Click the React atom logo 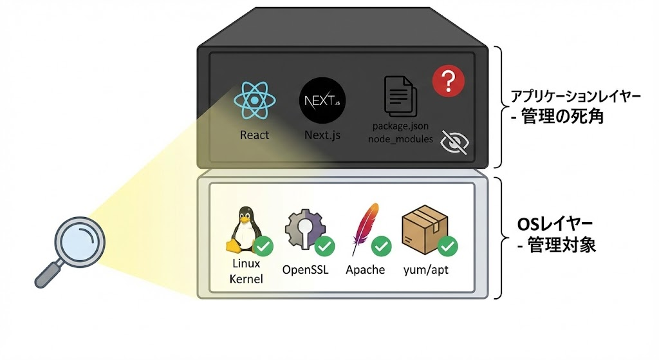[x=255, y=100]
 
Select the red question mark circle [x=449, y=81]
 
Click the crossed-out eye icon [x=454, y=143]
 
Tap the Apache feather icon [x=364, y=229]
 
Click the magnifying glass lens [x=79, y=241]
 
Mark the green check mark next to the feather [x=382, y=245]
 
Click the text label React [x=255, y=135]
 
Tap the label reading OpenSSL [x=306, y=269]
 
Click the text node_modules [x=400, y=138]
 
